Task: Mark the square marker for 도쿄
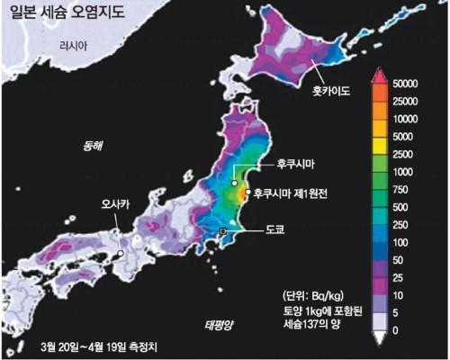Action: pyautogui.click(x=223, y=233)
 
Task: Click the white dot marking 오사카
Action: pyautogui.click(x=119, y=254)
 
